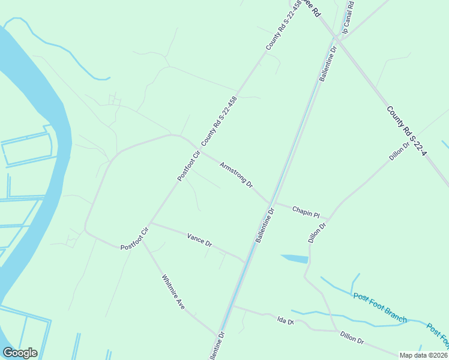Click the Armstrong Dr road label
click(237, 174)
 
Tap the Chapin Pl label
click(306, 211)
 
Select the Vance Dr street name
click(199, 240)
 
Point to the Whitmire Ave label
click(173, 292)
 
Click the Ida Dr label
click(286, 322)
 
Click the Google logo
click(20, 353)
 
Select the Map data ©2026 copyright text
click(423, 355)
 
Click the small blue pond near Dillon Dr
click(295, 259)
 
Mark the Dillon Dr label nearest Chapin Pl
click(317, 233)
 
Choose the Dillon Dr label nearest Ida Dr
click(352, 338)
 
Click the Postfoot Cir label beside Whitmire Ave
click(134, 239)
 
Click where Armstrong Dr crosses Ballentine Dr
click(270, 201)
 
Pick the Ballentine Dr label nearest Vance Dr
click(265, 226)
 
